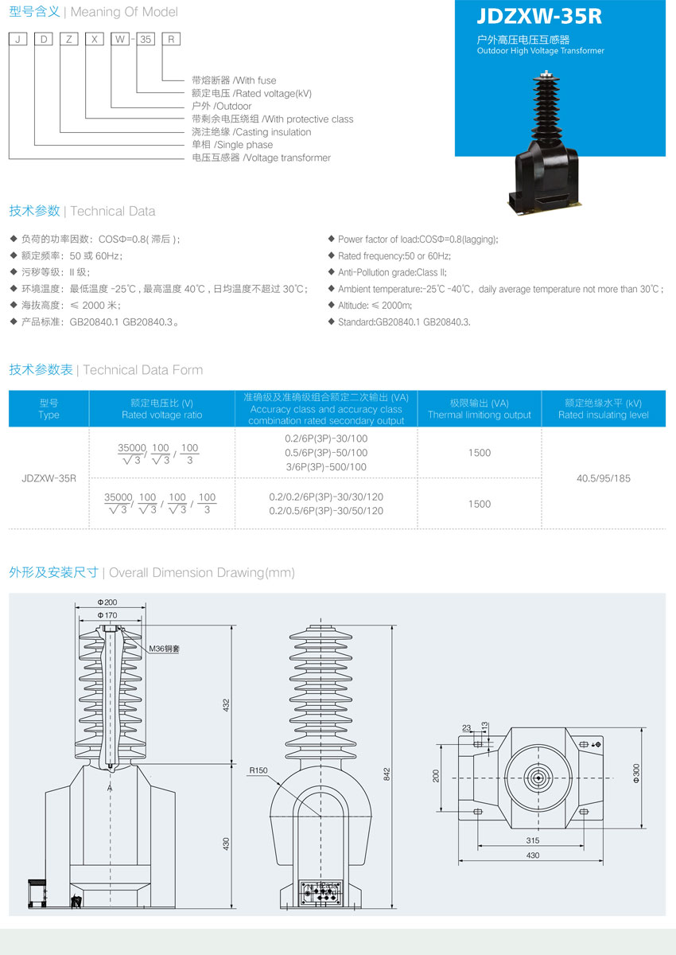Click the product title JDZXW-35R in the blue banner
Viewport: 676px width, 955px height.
539,16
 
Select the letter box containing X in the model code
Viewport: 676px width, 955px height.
95,39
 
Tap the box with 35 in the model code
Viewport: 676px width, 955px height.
146,39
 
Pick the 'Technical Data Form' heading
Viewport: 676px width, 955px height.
142,369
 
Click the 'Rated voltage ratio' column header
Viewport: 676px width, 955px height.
162,415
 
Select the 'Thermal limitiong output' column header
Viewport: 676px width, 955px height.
480,415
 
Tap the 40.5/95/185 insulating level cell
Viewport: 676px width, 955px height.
603,478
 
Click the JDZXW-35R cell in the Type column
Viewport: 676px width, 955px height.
49,478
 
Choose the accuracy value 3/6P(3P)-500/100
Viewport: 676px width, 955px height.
326,467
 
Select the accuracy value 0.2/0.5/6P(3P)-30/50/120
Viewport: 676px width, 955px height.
326,511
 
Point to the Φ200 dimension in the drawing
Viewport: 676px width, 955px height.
107,602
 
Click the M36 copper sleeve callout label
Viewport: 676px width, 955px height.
164,649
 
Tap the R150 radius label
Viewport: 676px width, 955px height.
258,770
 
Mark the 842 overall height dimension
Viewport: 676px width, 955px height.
387,774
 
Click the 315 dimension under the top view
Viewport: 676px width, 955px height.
533,840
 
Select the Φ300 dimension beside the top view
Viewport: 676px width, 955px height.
636,773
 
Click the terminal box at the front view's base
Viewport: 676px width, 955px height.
321,892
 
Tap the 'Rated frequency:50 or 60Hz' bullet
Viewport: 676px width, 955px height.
394,255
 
